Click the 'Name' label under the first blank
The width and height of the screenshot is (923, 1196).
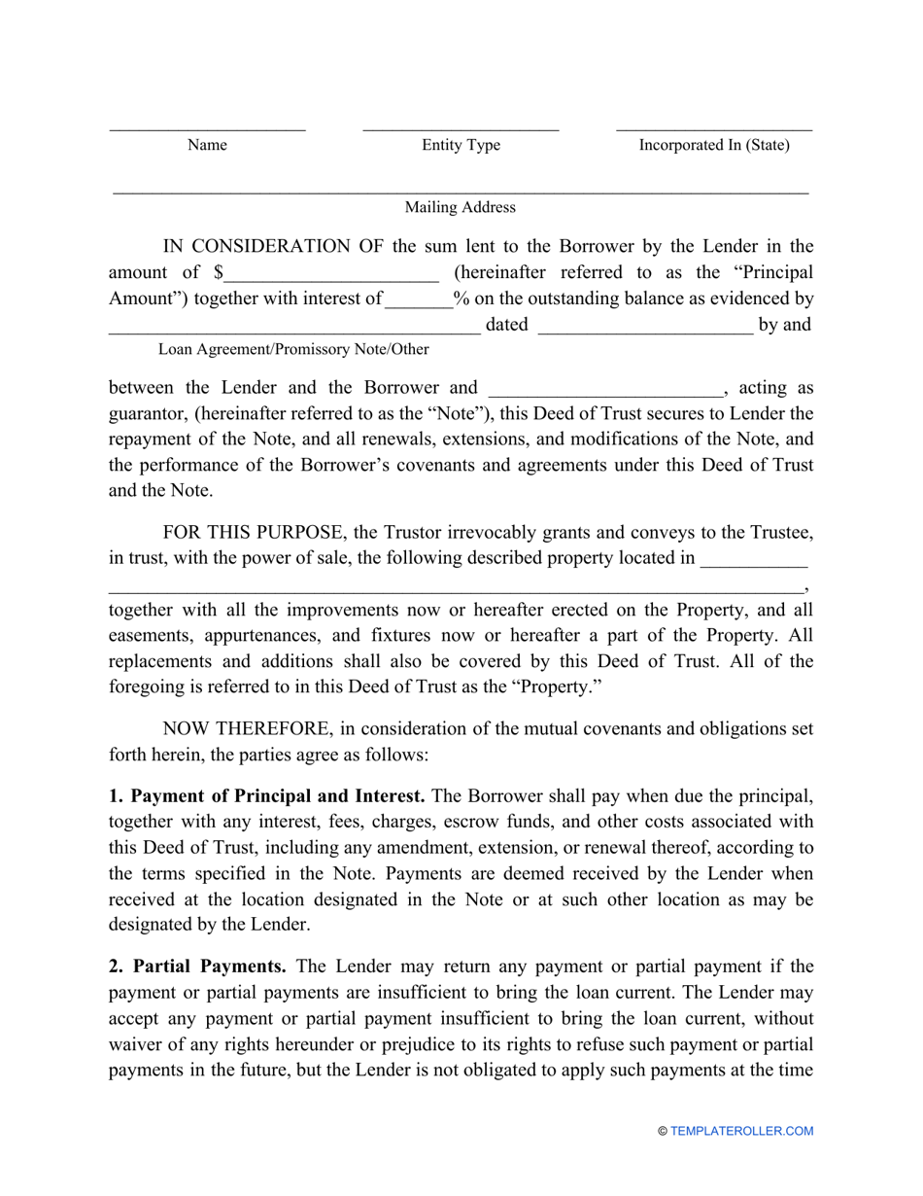[x=207, y=145]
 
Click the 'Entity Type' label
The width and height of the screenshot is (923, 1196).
[x=461, y=145]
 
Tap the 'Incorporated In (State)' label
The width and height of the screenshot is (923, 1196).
[x=713, y=145]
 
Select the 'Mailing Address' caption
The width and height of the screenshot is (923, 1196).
[x=461, y=207]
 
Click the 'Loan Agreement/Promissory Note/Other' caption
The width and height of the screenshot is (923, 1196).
[x=293, y=349]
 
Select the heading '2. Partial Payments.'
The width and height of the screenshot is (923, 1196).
[x=197, y=967]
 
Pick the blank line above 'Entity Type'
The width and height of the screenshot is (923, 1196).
[x=461, y=128]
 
